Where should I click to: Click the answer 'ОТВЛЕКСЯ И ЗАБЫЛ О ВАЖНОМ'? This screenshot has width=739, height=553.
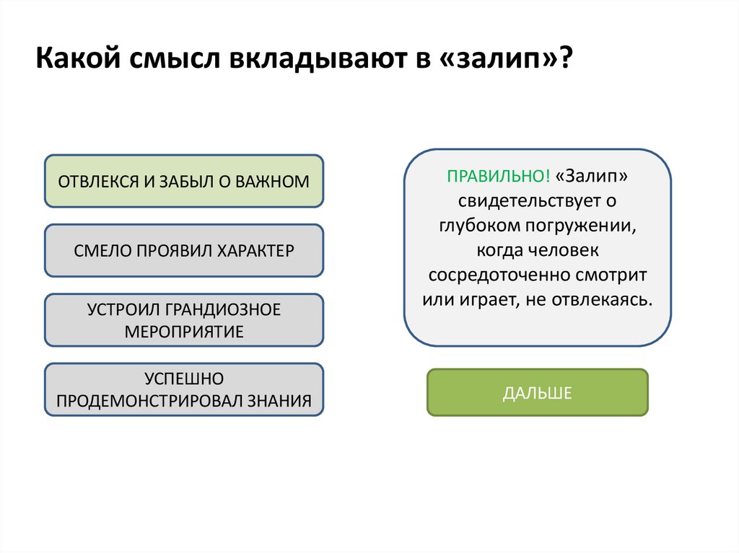184,181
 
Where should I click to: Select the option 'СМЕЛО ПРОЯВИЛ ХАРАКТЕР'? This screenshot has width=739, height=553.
184,251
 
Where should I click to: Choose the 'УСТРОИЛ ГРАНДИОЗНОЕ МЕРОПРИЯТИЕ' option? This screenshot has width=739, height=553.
184,320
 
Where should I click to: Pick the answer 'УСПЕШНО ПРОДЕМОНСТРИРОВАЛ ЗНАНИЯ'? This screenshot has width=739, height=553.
184,390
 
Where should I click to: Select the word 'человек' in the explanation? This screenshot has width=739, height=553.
569,250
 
